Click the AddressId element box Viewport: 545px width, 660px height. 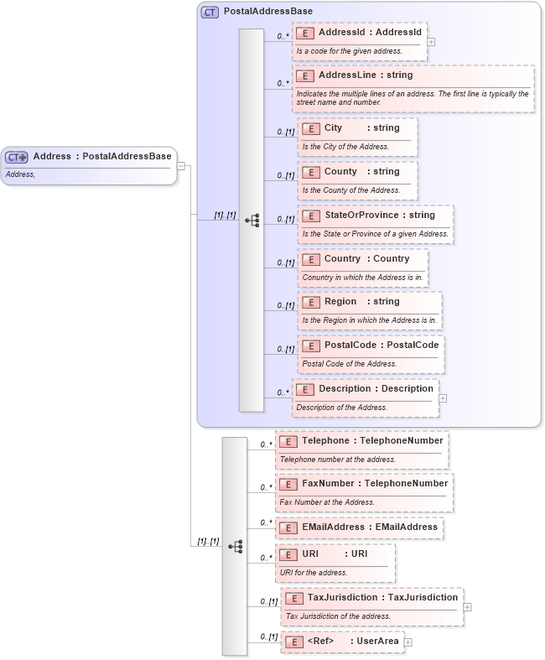(359, 41)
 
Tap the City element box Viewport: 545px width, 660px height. (357, 137)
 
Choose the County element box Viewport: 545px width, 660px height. (357, 180)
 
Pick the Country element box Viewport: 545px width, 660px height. (362, 268)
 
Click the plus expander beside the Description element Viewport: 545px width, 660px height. (443, 398)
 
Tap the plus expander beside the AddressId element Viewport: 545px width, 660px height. (431, 40)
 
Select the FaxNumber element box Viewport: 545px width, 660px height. (364, 493)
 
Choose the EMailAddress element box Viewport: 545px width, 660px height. (360, 527)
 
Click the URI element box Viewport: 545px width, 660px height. (335, 563)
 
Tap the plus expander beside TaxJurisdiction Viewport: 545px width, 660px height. (467, 607)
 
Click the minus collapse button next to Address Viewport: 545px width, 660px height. (180, 165)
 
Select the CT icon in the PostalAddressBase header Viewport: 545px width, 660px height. (210, 13)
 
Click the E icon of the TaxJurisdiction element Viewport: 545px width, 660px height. (293, 598)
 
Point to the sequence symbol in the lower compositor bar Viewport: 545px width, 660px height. (236, 546)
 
